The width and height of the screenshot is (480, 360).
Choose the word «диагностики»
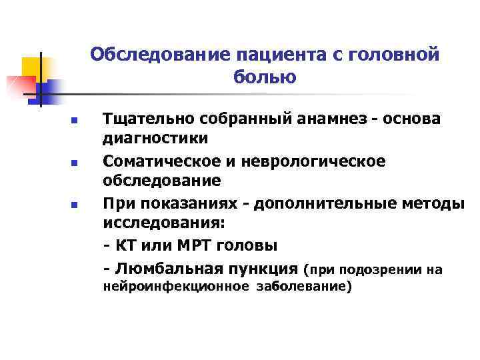(x=155, y=139)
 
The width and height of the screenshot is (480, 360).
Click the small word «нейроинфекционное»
(x=173, y=287)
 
